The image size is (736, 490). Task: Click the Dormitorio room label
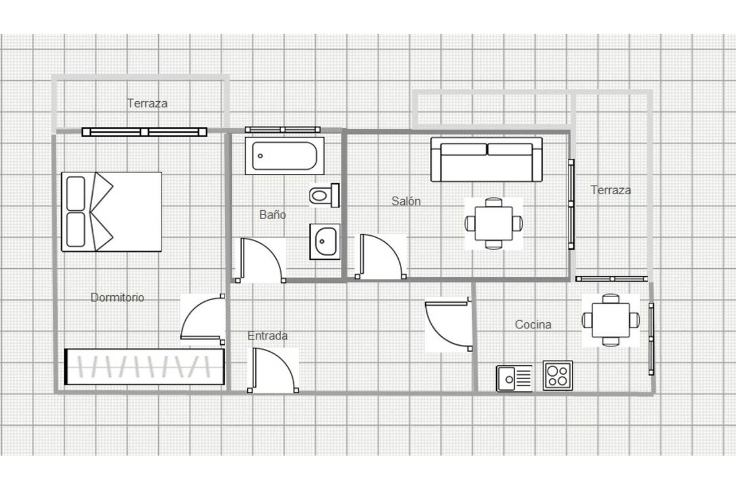pyautogui.click(x=117, y=297)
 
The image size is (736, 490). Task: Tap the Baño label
pyautogui.click(x=272, y=214)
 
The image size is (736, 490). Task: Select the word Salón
pyautogui.click(x=406, y=201)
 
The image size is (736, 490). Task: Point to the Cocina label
pyautogui.click(x=533, y=325)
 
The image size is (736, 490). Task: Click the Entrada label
pyautogui.click(x=267, y=336)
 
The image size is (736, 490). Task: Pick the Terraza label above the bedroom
pyautogui.click(x=147, y=104)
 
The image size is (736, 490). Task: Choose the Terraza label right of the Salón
pyautogui.click(x=611, y=190)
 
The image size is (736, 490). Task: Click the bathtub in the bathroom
pyautogui.click(x=285, y=156)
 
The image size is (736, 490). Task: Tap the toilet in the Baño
pyautogui.click(x=324, y=195)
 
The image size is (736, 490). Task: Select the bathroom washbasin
pyautogui.click(x=324, y=241)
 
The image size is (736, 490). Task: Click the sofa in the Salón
pyautogui.click(x=486, y=159)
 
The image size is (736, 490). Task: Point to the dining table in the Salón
pyautogui.click(x=494, y=224)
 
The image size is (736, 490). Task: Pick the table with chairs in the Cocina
pyautogui.click(x=611, y=320)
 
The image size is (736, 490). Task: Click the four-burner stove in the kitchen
pyautogui.click(x=558, y=376)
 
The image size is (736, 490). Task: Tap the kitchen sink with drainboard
pyautogui.click(x=514, y=379)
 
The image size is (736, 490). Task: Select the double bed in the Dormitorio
pyautogui.click(x=112, y=212)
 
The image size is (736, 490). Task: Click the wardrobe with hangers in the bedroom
pyautogui.click(x=145, y=367)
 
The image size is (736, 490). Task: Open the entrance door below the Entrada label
pyautogui.click(x=273, y=370)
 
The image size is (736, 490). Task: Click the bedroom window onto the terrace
pyautogui.click(x=144, y=132)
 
